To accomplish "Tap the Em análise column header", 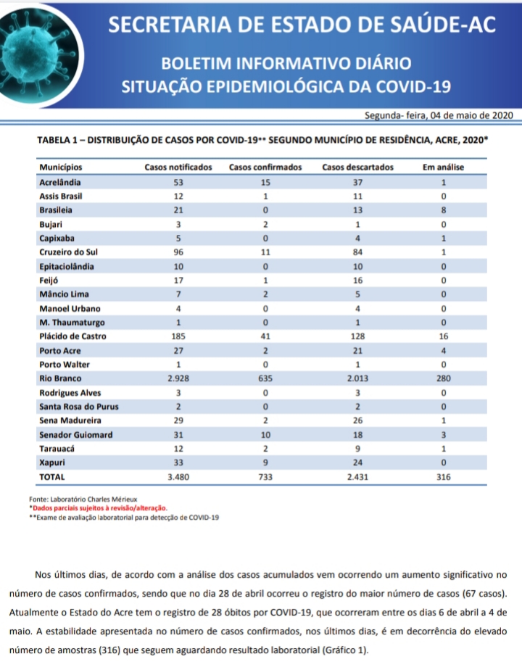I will click(x=443, y=167).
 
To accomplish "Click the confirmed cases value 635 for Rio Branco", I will click(x=265, y=378).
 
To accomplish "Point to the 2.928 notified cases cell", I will click(x=178, y=378).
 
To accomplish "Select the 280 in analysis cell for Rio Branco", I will click(x=443, y=378).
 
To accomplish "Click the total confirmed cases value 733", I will click(x=265, y=477).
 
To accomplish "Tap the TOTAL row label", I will click(x=52, y=477).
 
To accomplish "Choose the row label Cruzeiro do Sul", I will click(x=69, y=252).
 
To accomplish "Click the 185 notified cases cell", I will click(x=178, y=336).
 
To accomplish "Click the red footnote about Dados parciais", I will click(x=101, y=508).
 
